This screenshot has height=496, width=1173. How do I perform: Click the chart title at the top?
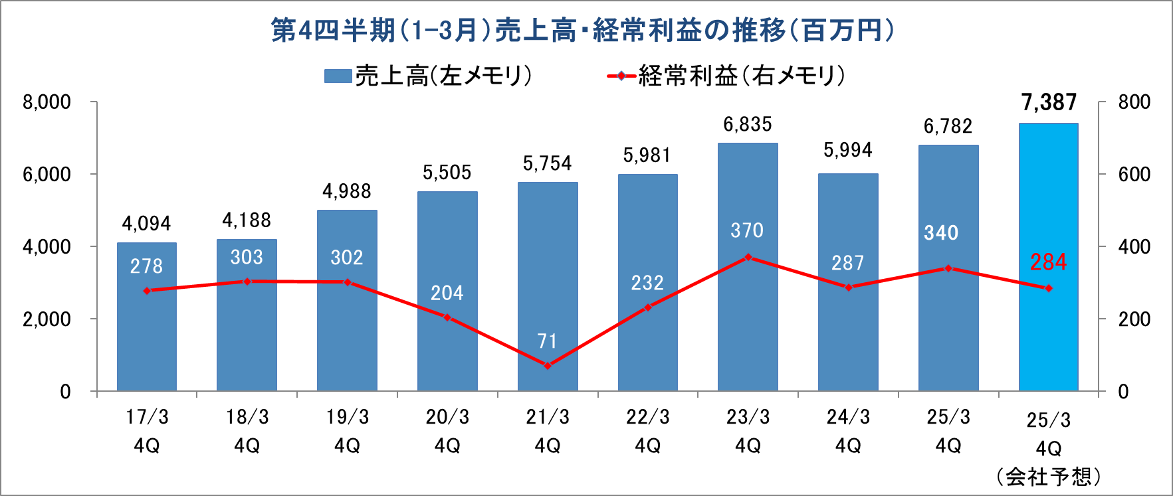tap(582, 31)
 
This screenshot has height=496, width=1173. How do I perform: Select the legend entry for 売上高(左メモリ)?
tap(429, 76)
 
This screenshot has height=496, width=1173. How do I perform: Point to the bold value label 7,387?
tap(1049, 102)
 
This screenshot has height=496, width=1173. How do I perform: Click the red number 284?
tap(1048, 262)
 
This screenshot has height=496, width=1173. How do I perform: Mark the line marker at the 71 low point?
tap(548, 365)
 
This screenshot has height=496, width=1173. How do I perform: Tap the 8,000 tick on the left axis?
tap(47, 102)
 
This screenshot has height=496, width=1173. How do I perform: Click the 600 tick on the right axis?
tap(1134, 174)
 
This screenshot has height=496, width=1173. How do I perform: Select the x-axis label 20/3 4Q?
tap(447, 431)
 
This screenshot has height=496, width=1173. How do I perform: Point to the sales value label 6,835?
tap(748, 124)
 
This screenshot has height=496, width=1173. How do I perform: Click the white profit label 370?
tap(747, 230)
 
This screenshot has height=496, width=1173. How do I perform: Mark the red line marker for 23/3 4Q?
tap(748, 257)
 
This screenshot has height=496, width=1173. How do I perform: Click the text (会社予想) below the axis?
tap(1048, 476)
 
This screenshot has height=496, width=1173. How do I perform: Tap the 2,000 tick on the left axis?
tap(47, 319)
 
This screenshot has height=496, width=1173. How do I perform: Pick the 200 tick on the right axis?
tap(1134, 319)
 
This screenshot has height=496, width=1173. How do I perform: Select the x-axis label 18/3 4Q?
tap(247, 431)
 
